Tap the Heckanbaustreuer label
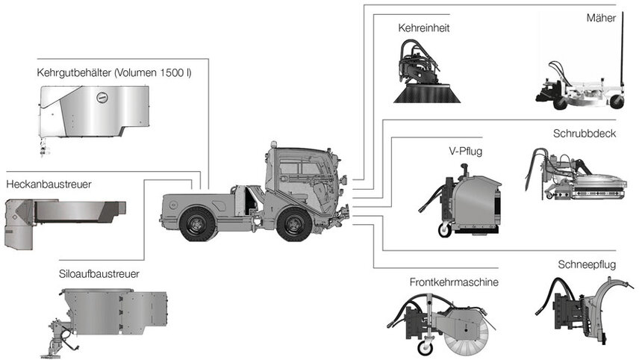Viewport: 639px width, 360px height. click(49, 184)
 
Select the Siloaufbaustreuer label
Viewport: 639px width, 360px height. click(99, 274)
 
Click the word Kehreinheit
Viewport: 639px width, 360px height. click(423, 28)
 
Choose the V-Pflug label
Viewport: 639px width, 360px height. click(466, 151)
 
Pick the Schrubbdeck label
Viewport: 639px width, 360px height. click(584, 133)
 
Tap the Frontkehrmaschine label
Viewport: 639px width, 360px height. click(453, 282)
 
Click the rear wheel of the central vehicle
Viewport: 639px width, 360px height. click(197, 224)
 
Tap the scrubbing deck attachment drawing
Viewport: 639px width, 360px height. click(582, 176)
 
